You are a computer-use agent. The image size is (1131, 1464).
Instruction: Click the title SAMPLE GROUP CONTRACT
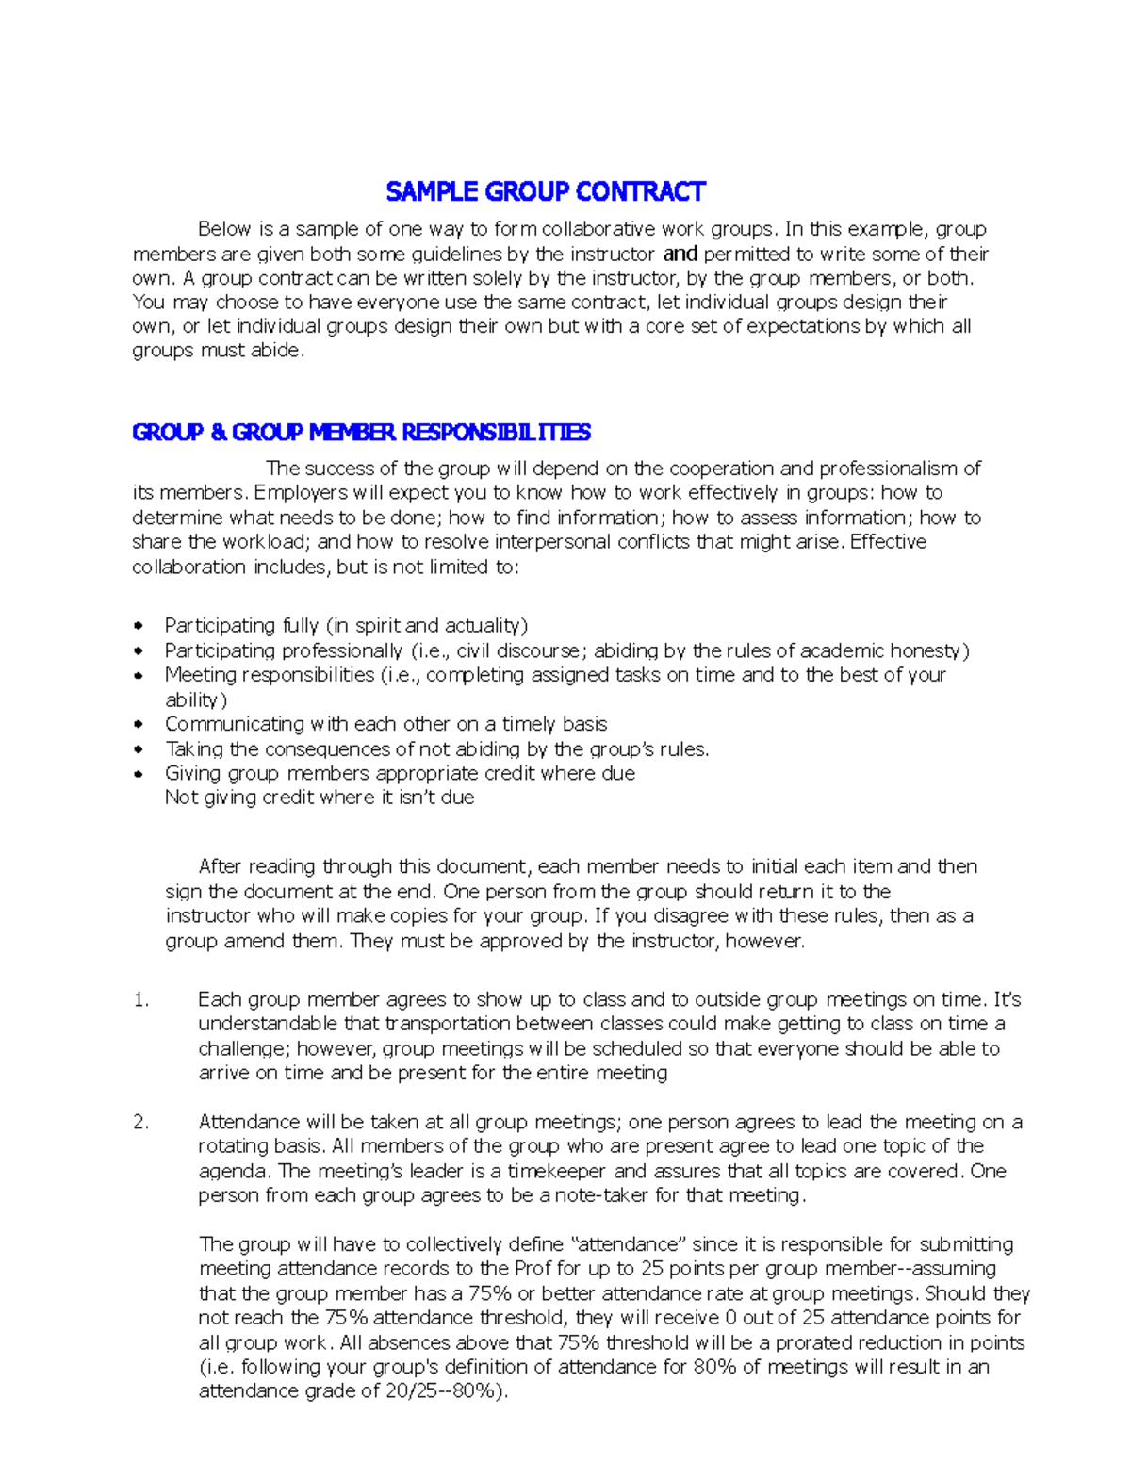coord(545,192)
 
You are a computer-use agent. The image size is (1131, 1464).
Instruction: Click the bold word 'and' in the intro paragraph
coord(680,253)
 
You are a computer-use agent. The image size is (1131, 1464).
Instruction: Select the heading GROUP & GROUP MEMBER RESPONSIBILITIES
coord(361,432)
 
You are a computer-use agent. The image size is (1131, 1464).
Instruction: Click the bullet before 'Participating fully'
coord(139,625)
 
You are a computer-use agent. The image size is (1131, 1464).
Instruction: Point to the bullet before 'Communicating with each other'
coord(139,724)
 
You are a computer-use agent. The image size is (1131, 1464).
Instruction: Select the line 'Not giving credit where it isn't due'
coord(320,798)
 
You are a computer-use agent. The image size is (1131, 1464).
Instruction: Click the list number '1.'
coord(141,999)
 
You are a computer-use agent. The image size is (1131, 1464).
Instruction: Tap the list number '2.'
coord(141,1122)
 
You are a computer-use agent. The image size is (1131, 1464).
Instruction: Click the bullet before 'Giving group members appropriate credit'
coord(139,773)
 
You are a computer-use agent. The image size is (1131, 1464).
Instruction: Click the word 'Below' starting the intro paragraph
coord(224,229)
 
